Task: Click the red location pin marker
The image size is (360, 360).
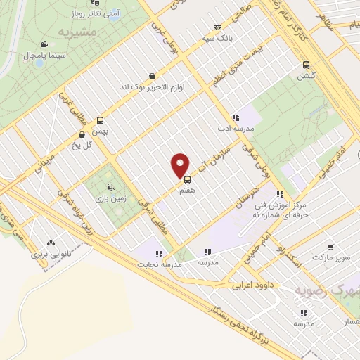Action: click(x=181, y=165)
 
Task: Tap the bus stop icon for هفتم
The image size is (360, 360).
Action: click(x=187, y=178)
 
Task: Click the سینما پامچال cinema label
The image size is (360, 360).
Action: click(x=46, y=54)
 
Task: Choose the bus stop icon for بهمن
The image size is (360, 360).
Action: click(x=100, y=120)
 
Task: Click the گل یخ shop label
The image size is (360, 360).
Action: click(x=83, y=146)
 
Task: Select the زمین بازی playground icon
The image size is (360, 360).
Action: click(x=109, y=186)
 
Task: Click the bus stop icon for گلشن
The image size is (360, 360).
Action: click(x=305, y=65)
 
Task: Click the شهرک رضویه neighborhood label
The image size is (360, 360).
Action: click(x=328, y=290)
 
